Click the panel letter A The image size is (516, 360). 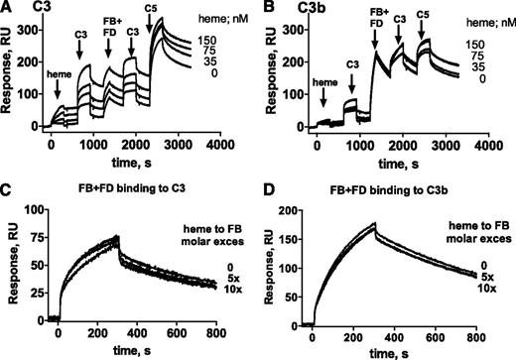click(7, 8)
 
